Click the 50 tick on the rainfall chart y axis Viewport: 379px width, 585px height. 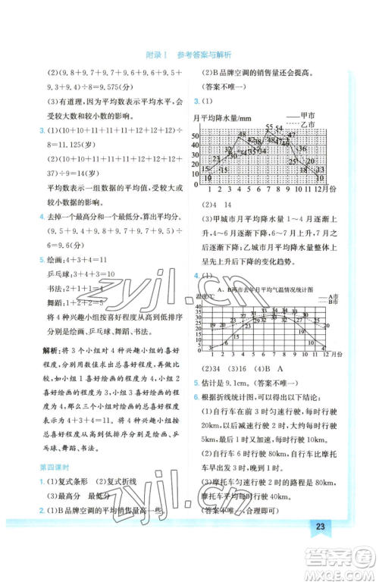[x=195, y=136]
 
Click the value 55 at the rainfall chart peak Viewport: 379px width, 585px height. [x=269, y=127]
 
